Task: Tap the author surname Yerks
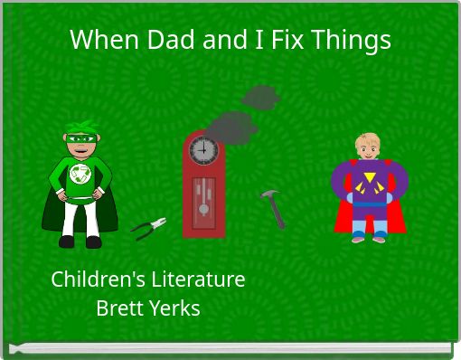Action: (x=173, y=308)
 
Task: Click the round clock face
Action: (x=203, y=149)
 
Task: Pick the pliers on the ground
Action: (x=148, y=227)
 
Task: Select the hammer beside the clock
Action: (x=273, y=207)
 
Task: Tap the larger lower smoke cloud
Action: (x=232, y=126)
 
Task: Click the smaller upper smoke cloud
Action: (x=261, y=96)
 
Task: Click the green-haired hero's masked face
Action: (x=81, y=143)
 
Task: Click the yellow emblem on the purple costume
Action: (x=368, y=186)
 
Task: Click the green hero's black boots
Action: (x=80, y=242)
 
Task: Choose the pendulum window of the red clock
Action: (x=203, y=199)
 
